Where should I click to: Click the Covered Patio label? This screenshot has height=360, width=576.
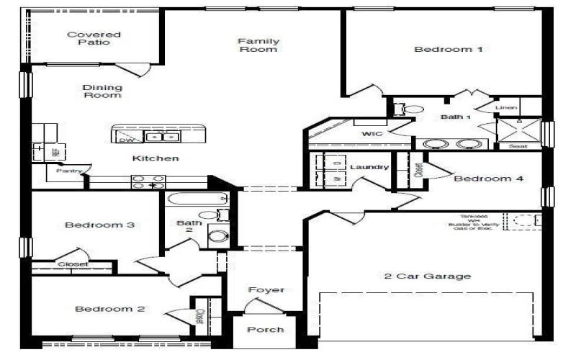[94, 38]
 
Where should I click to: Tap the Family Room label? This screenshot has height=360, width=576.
[258, 45]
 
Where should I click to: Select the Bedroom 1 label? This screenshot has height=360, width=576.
[448, 50]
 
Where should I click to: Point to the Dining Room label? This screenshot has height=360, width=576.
[102, 91]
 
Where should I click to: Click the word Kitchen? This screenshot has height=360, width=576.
[156, 158]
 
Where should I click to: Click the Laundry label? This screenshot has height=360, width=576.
[369, 167]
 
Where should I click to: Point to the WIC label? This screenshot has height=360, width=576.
[371, 134]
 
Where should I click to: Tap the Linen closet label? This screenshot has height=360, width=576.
[506, 108]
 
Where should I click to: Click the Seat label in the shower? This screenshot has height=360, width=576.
[518, 145]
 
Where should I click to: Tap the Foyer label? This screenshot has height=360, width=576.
[266, 290]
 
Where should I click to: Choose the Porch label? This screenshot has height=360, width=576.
[266, 330]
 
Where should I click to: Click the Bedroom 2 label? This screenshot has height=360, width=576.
[109, 309]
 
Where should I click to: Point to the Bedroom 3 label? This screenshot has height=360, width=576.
[99, 225]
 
